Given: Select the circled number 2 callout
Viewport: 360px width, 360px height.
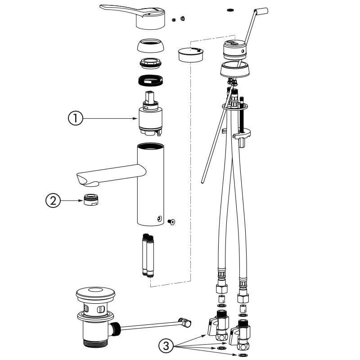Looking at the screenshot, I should click(x=53, y=200).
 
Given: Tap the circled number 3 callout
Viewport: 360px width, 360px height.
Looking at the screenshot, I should click(x=166, y=346).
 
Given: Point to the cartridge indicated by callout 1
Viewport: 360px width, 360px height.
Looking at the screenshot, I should click(x=150, y=118).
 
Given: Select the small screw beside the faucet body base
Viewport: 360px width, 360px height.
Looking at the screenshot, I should click(x=172, y=221).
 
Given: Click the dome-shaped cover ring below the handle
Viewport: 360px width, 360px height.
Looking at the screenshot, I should click(x=150, y=46).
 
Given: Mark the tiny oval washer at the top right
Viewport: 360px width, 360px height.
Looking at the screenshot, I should click(x=231, y=9).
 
